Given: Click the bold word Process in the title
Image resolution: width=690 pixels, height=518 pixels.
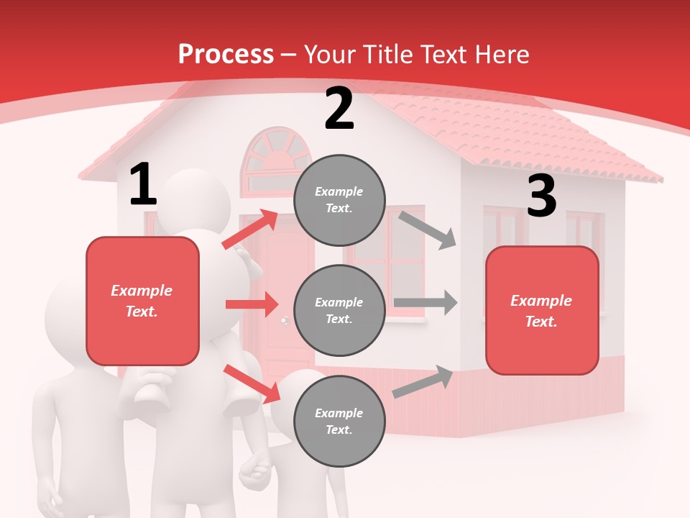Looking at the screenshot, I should pyautogui.click(x=226, y=55).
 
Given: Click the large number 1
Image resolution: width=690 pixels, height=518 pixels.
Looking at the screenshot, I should pyautogui.click(x=143, y=185).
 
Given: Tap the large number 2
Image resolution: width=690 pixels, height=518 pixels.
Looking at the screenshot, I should pyautogui.click(x=339, y=109).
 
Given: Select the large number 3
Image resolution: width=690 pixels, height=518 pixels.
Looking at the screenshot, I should pyautogui.click(x=541, y=196).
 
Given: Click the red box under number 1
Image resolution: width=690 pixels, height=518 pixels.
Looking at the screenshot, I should pyautogui.click(x=142, y=301).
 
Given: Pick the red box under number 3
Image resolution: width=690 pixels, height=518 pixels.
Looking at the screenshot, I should pyautogui.click(x=542, y=310).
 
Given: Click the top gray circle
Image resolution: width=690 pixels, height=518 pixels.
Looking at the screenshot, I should pyautogui.click(x=339, y=200).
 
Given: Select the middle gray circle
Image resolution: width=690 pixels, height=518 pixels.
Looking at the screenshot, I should pyautogui.click(x=339, y=310).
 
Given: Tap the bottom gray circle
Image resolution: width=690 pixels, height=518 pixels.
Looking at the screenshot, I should pyautogui.click(x=339, y=421).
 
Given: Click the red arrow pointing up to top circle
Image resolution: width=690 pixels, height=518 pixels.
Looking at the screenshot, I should pyautogui.click(x=250, y=229).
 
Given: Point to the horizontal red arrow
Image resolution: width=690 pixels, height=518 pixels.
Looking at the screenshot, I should pyautogui.click(x=252, y=304).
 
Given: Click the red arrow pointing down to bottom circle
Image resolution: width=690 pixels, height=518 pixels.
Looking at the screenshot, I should pyautogui.click(x=252, y=383).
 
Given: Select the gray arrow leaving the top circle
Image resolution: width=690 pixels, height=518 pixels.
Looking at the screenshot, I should pyautogui.click(x=428, y=230).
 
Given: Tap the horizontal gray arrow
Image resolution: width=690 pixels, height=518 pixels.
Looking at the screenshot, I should pyautogui.click(x=425, y=302).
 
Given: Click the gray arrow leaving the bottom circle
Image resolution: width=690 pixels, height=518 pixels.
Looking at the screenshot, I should pyautogui.click(x=423, y=382).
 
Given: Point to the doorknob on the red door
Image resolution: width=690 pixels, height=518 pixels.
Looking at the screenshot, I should pyautogui.click(x=285, y=319).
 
